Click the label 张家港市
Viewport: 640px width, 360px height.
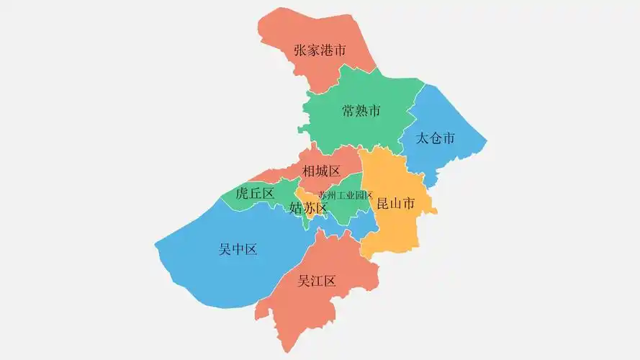tap(320, 50)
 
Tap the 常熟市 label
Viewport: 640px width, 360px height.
tap(361, 111)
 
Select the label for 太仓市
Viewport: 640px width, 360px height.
tap(436, 138)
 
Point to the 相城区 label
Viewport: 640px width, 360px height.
tap(321, 171)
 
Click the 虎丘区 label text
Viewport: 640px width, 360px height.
tap(256, 193)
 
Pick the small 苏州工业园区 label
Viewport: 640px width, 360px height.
tap(346, 195)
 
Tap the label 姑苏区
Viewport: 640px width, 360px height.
tap(308, 208)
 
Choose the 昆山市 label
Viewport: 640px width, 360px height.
tap(396, 204)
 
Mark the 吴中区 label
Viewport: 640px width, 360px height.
tap(238, 249)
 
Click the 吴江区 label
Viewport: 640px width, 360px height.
tap(317, 280)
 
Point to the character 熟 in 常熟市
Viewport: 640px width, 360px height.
tap(361, 111)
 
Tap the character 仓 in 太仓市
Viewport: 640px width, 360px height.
tap(436, 138)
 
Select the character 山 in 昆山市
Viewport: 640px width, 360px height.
tap(396, 204)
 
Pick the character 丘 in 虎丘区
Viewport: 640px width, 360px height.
tap(256, 193)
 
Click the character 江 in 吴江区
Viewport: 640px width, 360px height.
tap(317, 280)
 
